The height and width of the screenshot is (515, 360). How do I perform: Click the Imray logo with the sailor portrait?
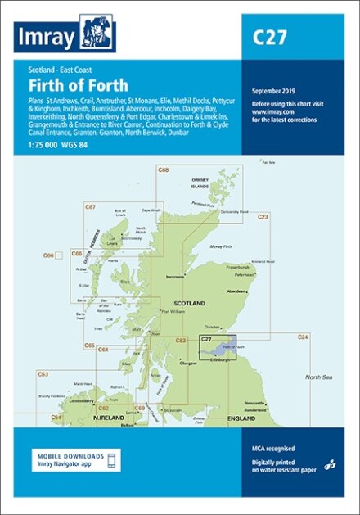click(65, 35)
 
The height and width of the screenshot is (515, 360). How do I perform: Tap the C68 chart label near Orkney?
click(164, 169)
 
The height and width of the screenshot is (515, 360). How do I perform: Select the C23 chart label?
click(263, 217)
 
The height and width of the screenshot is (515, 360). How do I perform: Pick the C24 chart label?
click(302, 337)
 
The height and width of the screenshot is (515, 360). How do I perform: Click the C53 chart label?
click(43, 374)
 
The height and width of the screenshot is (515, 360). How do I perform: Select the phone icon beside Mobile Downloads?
click(112, 460)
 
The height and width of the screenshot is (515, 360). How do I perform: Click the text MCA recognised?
click(272, 449)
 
